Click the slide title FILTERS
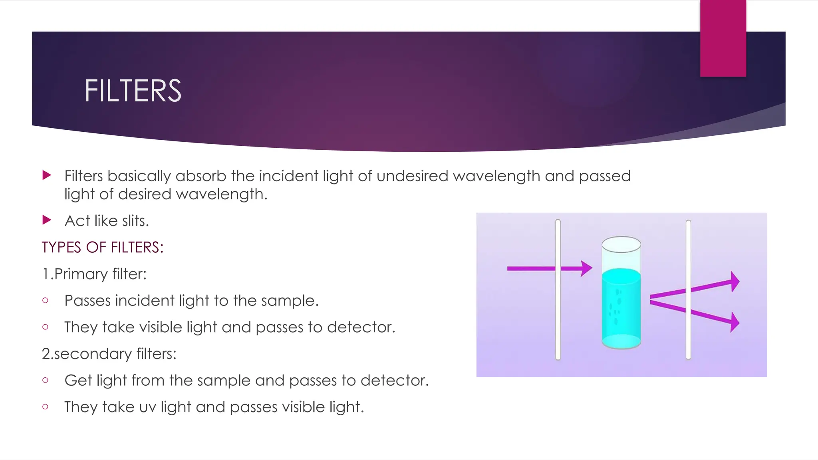(133, 91)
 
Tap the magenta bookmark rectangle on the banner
(723, 38)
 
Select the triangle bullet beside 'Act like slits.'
(47, 220)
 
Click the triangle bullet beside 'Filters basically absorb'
(47, 175)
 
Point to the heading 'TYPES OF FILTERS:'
(103, 247)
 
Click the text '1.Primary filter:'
(94, 274)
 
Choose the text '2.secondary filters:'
(109, 354)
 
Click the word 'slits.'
(135, 221)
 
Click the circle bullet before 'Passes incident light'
(45, 300)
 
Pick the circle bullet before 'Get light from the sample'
(45, 380)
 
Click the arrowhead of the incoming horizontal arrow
(586, 269)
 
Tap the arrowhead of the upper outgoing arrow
(735, 282)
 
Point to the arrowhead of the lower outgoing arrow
(735, 322)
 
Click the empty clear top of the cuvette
(621, 256)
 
